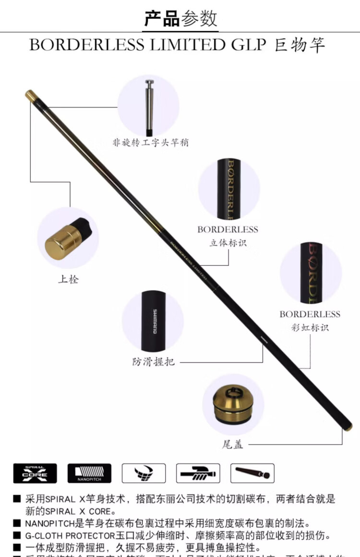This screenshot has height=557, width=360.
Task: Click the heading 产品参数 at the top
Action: (181, 18)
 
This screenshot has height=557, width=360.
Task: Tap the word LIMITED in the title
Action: (194, 45)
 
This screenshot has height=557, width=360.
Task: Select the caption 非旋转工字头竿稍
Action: (150, 142)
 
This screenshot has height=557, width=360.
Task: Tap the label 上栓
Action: (68, 279)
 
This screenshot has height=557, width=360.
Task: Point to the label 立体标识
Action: (228, 243)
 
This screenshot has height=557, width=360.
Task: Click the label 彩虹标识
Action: (310, 328)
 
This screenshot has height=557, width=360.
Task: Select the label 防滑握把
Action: (153, 362)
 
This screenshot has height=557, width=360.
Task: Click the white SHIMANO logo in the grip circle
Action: (155, 321)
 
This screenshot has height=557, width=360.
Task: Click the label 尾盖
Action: (232, 444)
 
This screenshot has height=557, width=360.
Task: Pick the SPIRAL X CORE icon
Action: (35, 473)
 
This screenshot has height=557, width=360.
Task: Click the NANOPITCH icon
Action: (89, 473)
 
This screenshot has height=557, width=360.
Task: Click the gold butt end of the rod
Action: (348, 427)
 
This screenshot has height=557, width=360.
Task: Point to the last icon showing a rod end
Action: (252, 473)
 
